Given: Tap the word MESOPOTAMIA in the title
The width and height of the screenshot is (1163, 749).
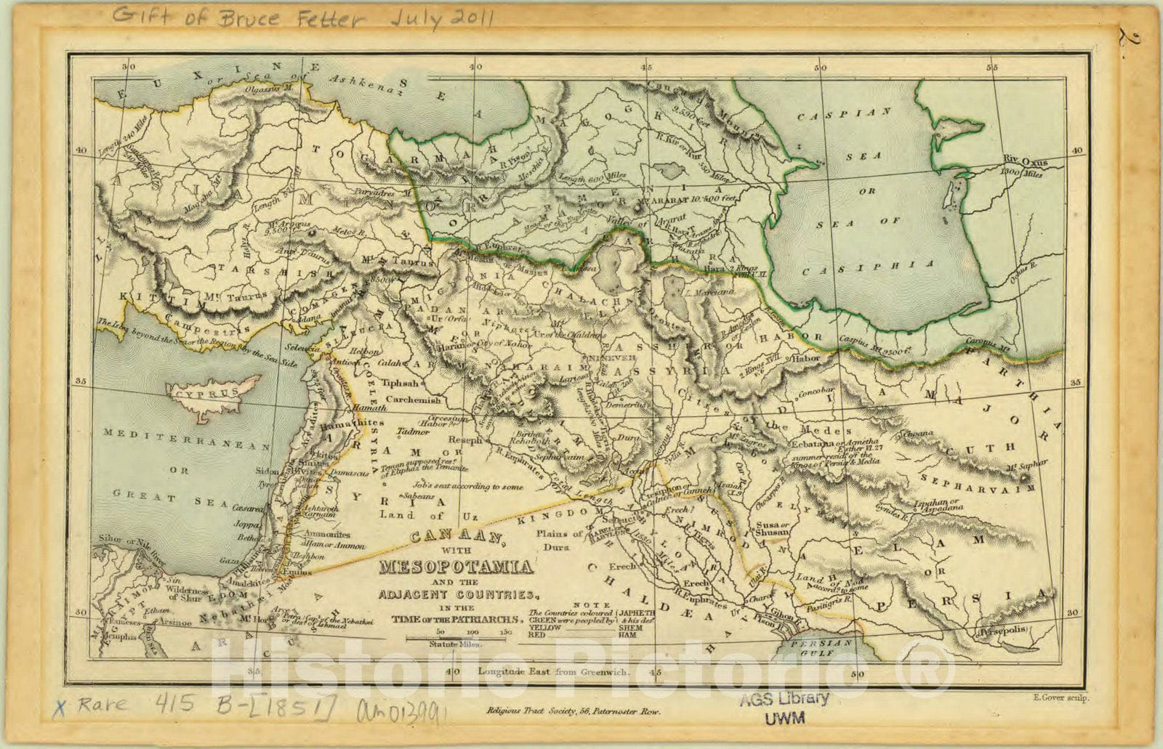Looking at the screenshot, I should (454, 566).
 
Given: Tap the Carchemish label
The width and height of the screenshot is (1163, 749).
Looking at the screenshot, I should (413, 400).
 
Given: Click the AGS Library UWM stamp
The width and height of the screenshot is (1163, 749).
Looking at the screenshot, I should (784, 708).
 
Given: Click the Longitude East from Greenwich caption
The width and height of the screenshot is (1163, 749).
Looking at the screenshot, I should (552, 671).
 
